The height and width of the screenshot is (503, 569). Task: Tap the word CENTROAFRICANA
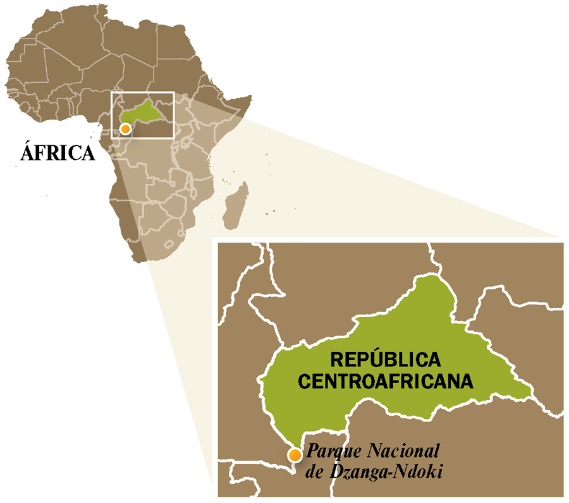(x=386, y=381)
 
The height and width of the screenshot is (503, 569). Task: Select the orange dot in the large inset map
(x=294, y=454)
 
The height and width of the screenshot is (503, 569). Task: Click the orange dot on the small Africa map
(x=126, y=129)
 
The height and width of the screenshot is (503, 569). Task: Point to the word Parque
(x=327, y=451)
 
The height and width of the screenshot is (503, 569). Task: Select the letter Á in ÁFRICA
(x=27, y=154)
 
